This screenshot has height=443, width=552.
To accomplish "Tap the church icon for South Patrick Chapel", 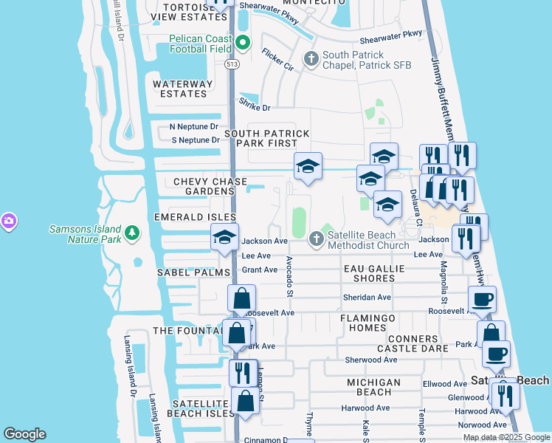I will click(x=311, y=58).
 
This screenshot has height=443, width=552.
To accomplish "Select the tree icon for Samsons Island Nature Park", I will click(x=132, y=233).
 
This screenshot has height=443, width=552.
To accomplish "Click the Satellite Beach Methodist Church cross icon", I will click(x=317, y=238).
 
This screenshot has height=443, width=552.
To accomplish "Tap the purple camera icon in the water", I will click(x=8, y=221).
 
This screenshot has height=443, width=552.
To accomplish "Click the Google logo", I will click(x=25, y=434).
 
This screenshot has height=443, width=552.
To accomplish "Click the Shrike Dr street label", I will click(x=254, y=107).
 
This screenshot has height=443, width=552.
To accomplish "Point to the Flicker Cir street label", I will click(x=277, y=60).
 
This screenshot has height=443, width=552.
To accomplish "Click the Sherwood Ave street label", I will click(x=371, y=360).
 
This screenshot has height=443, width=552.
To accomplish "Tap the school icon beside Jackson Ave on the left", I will click(x=224, y=238).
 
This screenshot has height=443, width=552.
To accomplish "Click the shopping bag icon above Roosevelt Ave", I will click(x=241, y=298).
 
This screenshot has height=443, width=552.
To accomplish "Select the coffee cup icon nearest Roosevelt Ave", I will click(x=482, y=299).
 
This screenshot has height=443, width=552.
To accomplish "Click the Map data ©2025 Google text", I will click(x=506, y=437).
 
